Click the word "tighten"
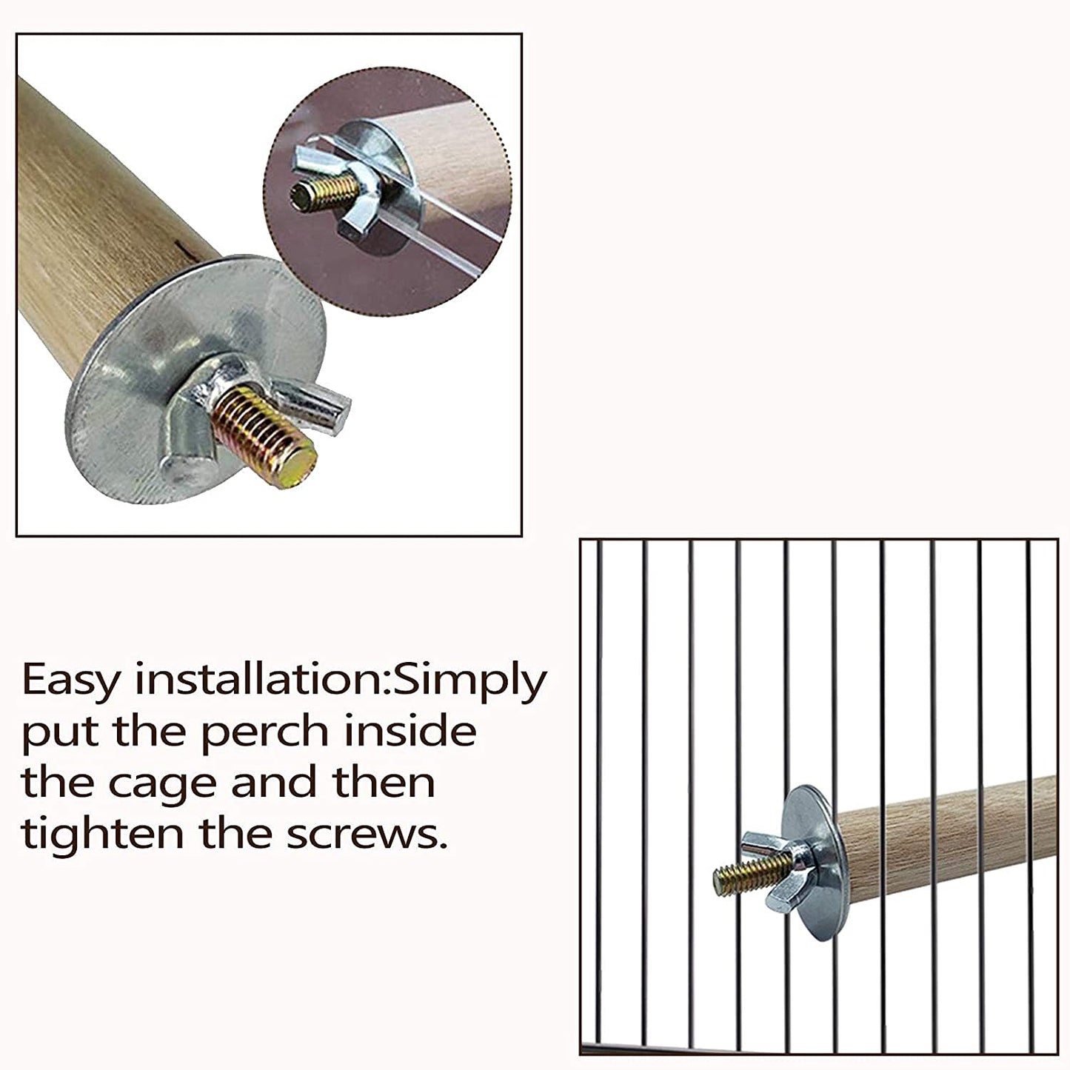tap(101, 834)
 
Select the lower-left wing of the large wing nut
tap(186, 467)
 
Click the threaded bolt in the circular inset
tap(318, 189)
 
